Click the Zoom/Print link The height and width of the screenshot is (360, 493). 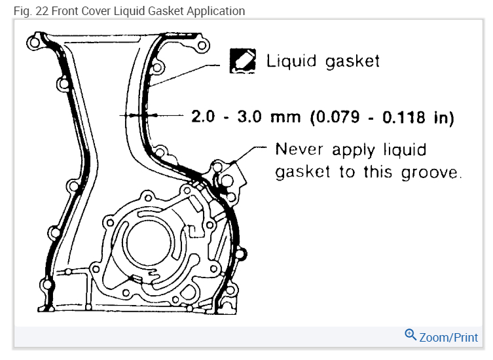click(441, 337)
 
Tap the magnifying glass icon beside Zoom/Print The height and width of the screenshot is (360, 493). click(411, 335)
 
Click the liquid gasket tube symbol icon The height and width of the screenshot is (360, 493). click(242, 61)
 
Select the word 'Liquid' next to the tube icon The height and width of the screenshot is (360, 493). click(291, 61)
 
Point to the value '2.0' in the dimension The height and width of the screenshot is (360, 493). click(203, 117)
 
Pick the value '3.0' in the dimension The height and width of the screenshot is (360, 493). click(249, 117)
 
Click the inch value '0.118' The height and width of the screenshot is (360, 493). click(403, 117)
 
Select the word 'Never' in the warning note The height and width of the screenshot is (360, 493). click(299, 149)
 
